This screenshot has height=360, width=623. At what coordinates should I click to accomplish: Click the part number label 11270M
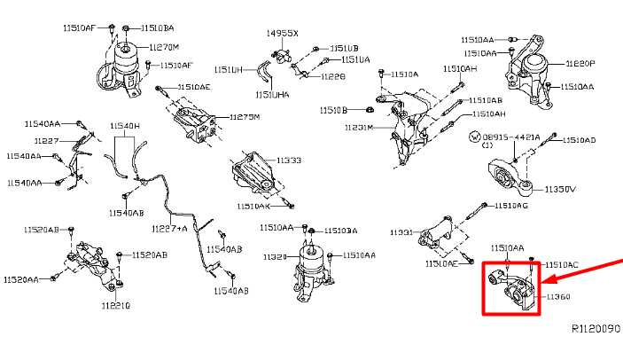click(164, 46)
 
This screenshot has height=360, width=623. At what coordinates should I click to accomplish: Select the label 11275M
click(245, 117)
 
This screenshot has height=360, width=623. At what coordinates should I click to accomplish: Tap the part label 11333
click(289, 160)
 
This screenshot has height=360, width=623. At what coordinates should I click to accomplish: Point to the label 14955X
click(283, 33)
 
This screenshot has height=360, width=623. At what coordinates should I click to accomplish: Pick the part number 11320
click(274, 256)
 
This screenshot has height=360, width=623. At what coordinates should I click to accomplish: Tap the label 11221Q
click(116, 306)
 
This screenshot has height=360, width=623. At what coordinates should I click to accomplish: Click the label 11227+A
click(169, 229)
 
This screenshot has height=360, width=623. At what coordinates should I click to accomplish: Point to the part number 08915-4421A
click(511, 138)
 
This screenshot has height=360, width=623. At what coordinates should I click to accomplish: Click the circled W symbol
click(474, 138)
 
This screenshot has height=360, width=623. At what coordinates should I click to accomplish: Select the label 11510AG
click(510, 206)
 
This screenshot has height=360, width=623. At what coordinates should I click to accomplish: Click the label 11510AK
click(253, 206)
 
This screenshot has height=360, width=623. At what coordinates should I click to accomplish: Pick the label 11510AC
click(561, 264)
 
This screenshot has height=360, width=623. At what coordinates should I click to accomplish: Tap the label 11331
click(401, 232)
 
